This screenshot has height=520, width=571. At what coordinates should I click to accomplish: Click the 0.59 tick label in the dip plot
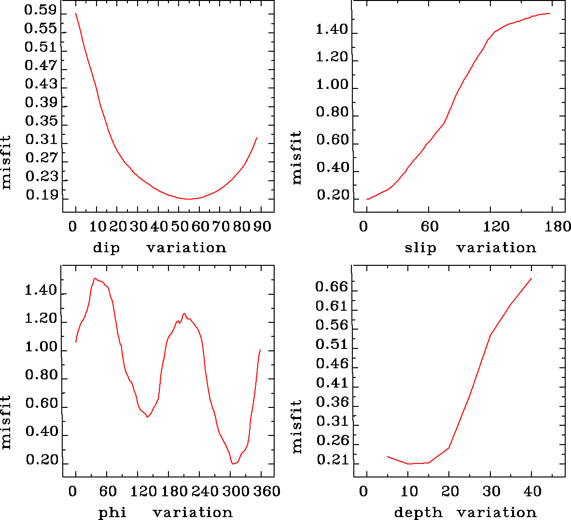(41, 10)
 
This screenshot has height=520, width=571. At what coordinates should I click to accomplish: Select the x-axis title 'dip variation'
(159, 248)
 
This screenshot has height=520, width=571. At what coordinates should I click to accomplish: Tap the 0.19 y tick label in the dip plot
(42, 195)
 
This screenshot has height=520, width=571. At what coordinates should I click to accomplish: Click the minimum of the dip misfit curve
(188, 199)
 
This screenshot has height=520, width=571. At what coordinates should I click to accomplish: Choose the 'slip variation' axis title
(470, 248)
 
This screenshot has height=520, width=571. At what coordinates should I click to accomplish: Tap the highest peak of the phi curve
(95, 278)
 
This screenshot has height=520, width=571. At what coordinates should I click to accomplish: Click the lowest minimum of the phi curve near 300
(233, 464)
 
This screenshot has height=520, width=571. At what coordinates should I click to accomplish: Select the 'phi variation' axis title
(165, 512)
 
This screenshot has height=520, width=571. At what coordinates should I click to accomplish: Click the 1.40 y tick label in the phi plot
(41, 291)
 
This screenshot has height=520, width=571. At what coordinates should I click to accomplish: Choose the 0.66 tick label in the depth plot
(332, 287)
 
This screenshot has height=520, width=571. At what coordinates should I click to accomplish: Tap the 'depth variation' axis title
(465, 512)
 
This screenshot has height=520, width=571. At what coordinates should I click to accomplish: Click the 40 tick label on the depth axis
(532, 491)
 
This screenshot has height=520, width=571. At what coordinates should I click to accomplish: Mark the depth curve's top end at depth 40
(531, 278)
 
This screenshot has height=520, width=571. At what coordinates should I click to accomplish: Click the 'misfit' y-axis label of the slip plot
(296, 158)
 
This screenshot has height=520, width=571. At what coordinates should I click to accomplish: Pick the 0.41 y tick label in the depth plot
(332, 383)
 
